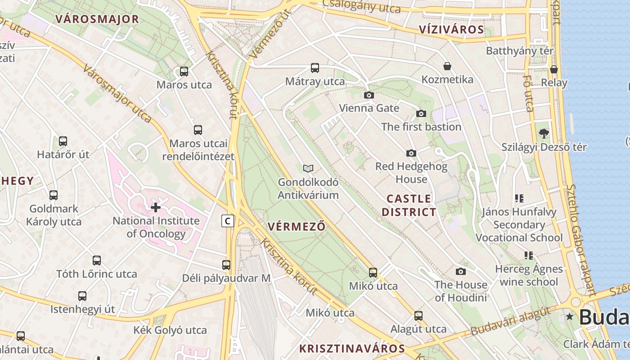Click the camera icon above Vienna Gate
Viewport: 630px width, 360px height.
[369, 95]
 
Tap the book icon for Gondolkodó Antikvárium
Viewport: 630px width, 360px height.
[308, 168]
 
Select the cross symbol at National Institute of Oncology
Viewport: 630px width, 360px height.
[156, 207]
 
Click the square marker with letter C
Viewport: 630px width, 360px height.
[228, 221]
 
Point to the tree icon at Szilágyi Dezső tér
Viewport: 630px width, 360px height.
[544, 133]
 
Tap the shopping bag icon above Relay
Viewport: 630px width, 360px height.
[554, 69]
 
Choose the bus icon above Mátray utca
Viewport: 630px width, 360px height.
[315, 68]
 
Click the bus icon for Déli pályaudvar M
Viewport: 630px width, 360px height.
[226, 265]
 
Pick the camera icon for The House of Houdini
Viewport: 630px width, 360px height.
[461, 271]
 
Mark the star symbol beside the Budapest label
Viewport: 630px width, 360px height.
[570, 316]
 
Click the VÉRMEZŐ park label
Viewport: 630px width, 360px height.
[296, 226]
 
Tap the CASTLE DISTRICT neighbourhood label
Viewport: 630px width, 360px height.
[409, 205]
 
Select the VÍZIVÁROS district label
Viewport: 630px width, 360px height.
[451, 30]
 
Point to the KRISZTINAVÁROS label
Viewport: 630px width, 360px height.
[352, 348]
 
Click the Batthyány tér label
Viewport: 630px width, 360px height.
[520, 51]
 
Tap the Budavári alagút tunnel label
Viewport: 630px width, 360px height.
[511, 321]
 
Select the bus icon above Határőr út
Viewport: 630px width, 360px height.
[63, 141]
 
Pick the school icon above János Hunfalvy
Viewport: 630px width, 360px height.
[519, 198]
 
